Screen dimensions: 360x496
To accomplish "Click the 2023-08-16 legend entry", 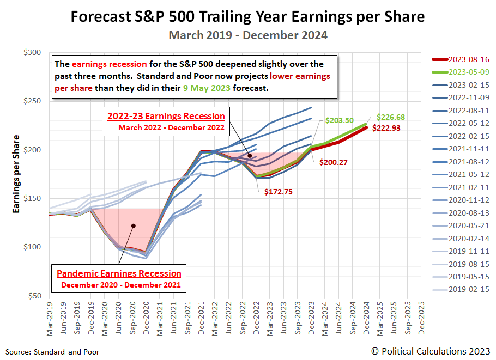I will click(x=467, y=59).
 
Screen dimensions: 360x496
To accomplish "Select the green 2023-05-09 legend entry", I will click(x=467, y=72).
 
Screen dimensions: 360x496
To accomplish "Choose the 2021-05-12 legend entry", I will click(x=467, y=174).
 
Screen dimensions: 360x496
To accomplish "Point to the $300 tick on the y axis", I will click(x=33, y=53).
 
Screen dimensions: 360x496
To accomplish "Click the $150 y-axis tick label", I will click(x=33, y=199).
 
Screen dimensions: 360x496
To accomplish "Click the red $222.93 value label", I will click(x=389, y=127).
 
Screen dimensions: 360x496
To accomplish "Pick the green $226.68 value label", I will click(x=391, y=117).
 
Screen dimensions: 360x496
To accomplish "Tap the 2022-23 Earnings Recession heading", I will click(x=166, y=116).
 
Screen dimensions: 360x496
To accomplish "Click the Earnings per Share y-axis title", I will click(x=17, y=174).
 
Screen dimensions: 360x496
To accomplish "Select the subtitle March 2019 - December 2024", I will click(x=247, y=35).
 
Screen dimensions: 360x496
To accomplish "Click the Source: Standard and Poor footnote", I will click(x=53, y=352).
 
